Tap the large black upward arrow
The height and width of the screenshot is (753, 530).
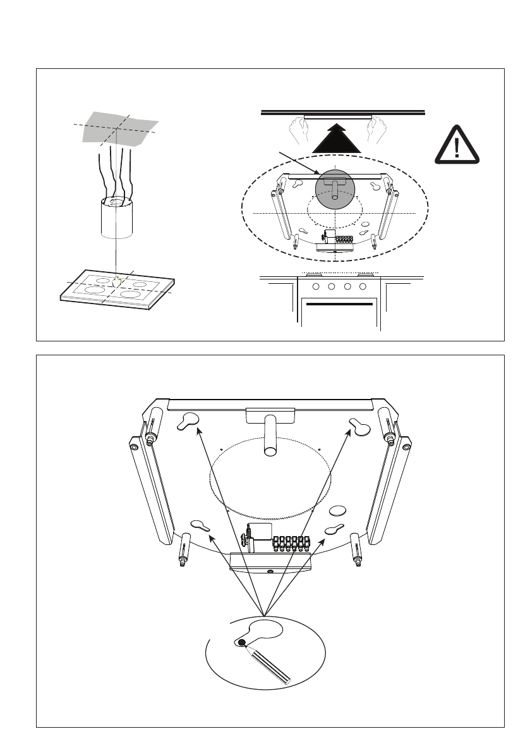(334, 138)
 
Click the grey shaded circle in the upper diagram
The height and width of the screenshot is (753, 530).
(335, 188)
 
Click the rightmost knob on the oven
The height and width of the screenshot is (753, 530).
(363, 286)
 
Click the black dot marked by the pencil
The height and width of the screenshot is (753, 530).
(241, 642)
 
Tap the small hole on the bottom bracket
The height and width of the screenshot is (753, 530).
(270, 570)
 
